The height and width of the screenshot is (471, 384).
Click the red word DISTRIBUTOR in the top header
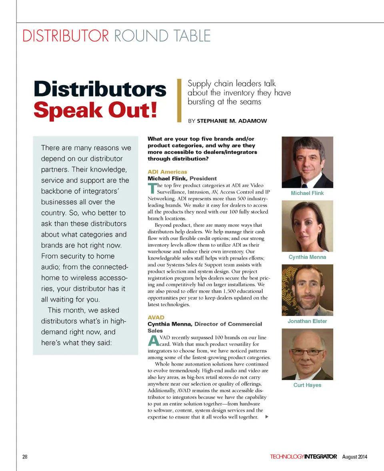click(x=66, y=36)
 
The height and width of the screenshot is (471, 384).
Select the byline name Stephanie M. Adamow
click(x=232, y=121)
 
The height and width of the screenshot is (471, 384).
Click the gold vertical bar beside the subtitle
click(x=179, y=101)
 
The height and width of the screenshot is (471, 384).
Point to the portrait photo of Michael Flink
click(x=307, y=162)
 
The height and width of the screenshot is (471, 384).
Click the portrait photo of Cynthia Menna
click(x=307, y=226)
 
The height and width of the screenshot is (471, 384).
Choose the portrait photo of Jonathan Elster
click(x=307, y=290)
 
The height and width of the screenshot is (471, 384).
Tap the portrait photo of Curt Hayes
click(x=307, y=354)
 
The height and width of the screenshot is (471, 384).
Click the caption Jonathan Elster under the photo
click(x=307, y=321)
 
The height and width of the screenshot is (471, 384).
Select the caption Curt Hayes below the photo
click(x=307, y=385)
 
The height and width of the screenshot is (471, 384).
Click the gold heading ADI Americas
click(x=167, y=172)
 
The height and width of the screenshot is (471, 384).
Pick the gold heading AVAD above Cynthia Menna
click(x=156, y=317)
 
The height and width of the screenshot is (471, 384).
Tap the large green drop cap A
click(x=153, y=341)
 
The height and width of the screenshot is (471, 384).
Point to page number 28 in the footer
click(x=25, y=457)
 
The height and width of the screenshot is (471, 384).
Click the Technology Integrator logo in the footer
click(x=303, y=457)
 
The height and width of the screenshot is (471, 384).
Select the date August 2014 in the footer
click(x=354, y=457)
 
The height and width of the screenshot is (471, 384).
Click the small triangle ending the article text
click(x=266, y=417)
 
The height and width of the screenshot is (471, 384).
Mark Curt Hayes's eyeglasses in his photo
click(x=307, y=352)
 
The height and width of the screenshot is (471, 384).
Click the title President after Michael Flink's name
click(x=203, y=178)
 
